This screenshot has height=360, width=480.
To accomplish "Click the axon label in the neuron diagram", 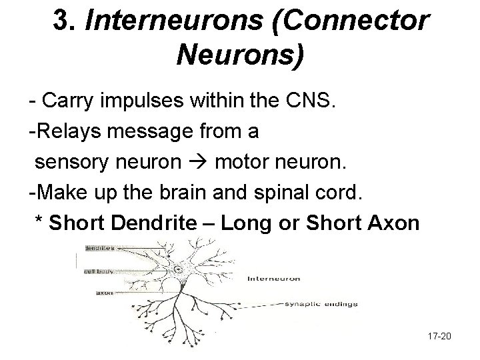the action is point(104,291).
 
